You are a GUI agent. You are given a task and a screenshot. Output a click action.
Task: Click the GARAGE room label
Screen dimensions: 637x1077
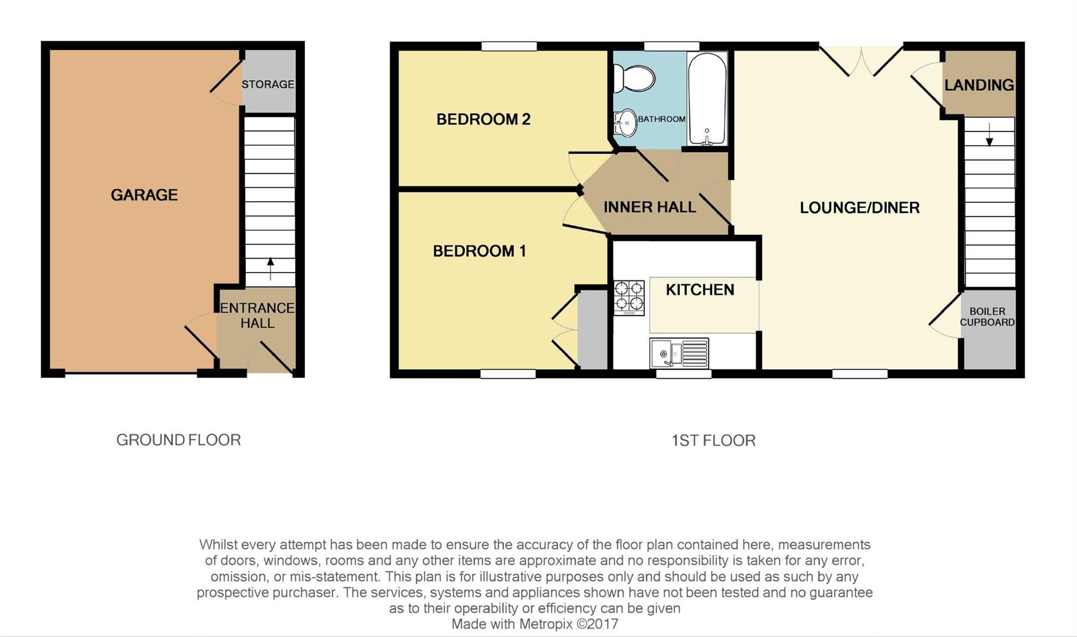(144, 195)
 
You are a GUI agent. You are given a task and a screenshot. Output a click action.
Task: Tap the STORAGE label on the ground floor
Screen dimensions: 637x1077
(268, 84)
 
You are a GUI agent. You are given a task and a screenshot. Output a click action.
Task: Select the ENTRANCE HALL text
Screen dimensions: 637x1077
(257, 316)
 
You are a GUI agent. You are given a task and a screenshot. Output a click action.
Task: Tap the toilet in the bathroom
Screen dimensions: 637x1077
(634, 78)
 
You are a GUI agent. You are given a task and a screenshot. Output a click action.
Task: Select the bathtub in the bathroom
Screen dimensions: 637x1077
(706, 98)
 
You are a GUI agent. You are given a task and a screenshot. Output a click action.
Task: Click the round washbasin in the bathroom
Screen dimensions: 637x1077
(627, 123)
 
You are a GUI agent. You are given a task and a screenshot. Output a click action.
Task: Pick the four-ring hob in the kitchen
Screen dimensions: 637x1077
(629, 297)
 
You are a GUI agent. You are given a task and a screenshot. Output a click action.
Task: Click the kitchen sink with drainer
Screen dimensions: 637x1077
(679, 353)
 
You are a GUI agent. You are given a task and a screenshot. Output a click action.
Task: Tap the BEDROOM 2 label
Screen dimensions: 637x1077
(483, 119)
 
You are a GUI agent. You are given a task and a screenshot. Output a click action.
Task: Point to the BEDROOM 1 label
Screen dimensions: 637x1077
(479, 251)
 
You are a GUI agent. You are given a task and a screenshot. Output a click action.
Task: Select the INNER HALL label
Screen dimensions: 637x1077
(649, 207)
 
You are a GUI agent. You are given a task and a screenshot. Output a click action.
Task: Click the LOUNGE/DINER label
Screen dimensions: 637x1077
(859, 208)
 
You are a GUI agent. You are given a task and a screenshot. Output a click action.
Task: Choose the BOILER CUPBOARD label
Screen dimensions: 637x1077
(987, 317)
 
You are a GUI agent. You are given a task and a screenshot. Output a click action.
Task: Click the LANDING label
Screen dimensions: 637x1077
(979, 85)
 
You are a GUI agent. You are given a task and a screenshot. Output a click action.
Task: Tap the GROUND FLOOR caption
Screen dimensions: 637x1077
(178, 440)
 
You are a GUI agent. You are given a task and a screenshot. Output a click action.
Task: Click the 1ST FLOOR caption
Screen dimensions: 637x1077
(713, 441)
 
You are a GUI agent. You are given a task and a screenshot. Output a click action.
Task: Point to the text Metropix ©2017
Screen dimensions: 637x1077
(568, 624)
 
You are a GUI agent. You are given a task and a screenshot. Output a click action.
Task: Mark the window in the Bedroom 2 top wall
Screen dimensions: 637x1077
(509, 46)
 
